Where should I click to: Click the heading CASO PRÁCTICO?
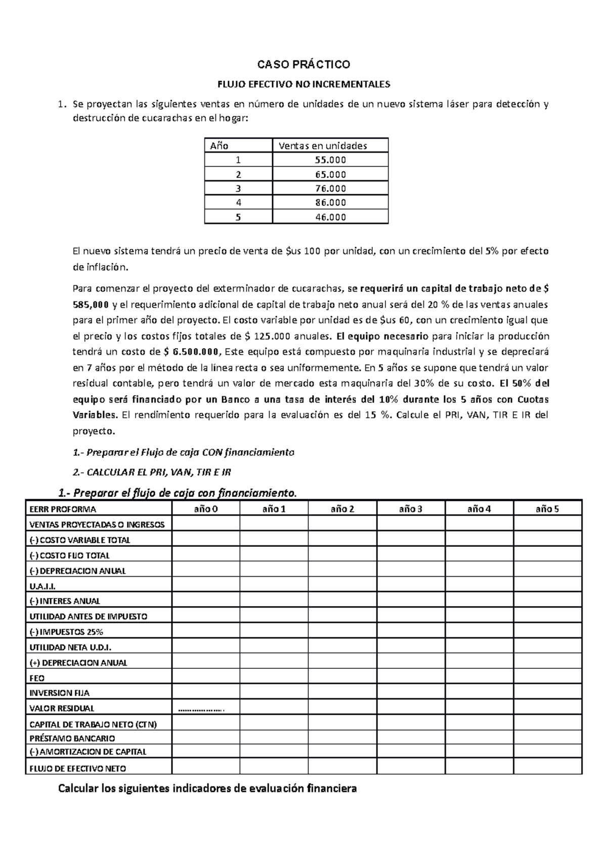[303, 65]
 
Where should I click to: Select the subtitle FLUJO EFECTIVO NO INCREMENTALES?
[303, 83]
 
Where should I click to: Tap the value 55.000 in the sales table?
[330, 160]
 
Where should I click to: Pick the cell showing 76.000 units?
[330, 188]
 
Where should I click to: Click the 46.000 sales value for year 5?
[330, 217]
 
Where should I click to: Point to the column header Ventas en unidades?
[323, 146]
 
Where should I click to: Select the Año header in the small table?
[219, 146]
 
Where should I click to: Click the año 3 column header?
[411, 509]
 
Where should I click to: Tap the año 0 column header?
[206, 509]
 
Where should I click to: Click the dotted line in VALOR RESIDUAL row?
[202, 709]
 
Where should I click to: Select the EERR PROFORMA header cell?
[63, 509]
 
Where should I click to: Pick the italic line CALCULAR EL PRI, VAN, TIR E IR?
[152, 472]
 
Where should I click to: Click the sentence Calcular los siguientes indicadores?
[207, 788]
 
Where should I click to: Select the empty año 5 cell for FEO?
[547, 678]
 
